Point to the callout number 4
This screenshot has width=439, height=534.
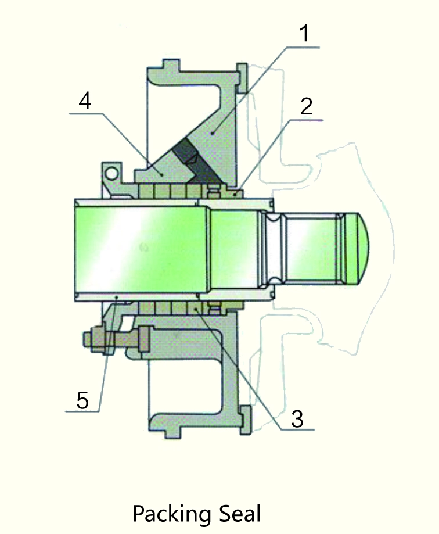tap(85, 101)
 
